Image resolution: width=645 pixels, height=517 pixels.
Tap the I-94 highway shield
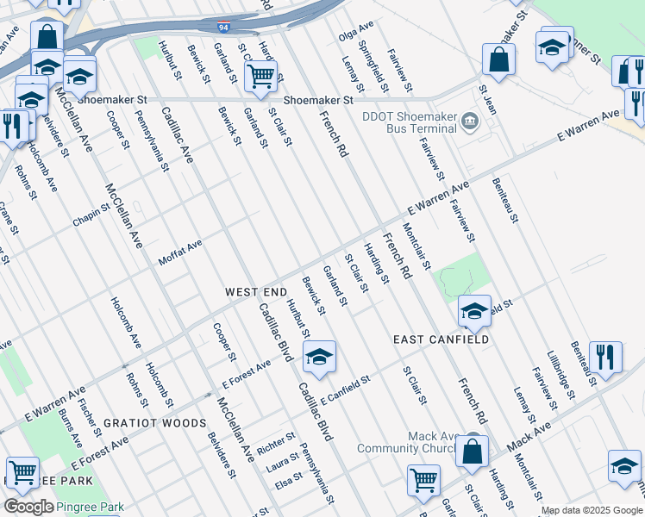(x=223, y=28)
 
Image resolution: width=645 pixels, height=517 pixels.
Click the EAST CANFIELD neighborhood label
(x=441, y=339)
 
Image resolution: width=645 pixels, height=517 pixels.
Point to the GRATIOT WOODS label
(x=154, y=423)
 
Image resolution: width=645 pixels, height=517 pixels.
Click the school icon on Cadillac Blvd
(x=319, y=357)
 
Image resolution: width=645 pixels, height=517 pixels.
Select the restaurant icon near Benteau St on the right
(x=606, y=357)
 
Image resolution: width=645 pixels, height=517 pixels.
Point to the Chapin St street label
(x=93, y=216)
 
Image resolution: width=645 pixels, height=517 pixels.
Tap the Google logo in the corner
(x=28, y=507)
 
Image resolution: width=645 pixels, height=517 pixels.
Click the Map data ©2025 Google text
(x=592, y=511)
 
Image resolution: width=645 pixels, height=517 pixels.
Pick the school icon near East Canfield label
(x=474, y=311)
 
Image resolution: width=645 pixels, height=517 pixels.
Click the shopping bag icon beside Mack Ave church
(x=473, y=452)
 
